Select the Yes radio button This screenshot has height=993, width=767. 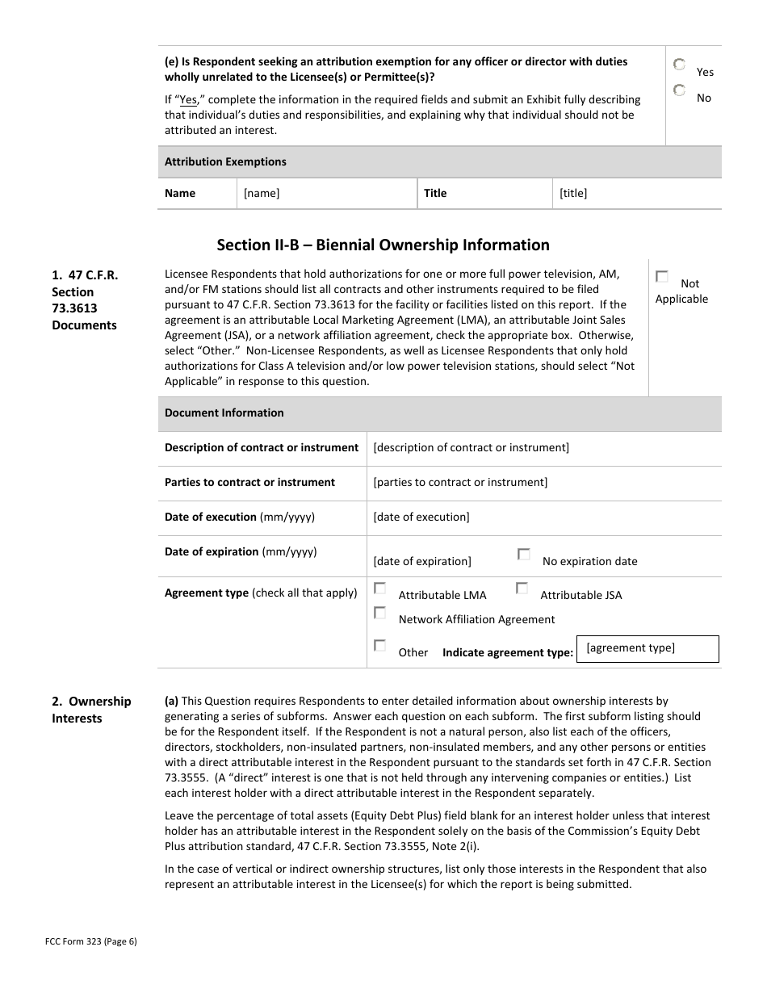680,65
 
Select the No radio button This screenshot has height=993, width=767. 680,90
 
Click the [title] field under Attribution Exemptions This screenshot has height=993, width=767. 636,194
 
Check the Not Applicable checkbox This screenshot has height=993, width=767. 662,277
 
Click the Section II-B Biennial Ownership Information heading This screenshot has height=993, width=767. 383,245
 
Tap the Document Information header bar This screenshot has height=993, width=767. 439,413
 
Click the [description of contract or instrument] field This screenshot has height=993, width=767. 543,448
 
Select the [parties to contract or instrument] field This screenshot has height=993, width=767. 543,483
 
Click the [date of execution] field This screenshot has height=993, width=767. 543,517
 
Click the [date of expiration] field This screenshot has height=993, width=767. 422,561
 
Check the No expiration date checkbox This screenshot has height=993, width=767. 524,555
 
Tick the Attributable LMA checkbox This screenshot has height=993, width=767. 379,589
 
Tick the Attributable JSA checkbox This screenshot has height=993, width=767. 522,589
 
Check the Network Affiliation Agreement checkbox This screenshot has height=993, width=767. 379,613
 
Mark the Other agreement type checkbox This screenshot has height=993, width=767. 379,646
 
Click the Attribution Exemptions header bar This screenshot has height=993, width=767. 439,162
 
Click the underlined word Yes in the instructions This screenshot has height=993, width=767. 188,100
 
